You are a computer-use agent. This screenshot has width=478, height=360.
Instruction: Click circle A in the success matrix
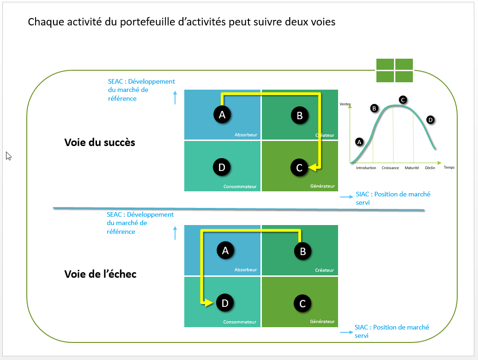222,115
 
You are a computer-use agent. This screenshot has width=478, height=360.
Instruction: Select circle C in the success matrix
299,168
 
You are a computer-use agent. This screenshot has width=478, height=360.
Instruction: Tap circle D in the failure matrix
225,303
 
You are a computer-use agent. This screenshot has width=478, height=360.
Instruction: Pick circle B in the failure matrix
303,251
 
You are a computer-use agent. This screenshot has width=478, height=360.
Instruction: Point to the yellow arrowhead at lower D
210,303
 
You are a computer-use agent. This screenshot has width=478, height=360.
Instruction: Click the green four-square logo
394,70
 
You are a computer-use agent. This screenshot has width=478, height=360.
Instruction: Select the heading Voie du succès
100,142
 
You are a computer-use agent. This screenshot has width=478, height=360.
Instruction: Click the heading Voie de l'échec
100,274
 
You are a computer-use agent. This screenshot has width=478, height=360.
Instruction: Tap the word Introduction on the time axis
366,168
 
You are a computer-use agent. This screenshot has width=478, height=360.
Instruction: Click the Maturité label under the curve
412,168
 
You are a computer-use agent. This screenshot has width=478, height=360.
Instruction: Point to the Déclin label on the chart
430,168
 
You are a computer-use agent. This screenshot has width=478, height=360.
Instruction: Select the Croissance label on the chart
390,168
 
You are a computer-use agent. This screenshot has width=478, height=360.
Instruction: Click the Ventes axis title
345,104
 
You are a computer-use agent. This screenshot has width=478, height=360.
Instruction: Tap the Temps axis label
449,167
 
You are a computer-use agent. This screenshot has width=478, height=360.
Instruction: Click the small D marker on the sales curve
430,120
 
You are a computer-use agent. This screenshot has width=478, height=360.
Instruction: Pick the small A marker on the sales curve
359,142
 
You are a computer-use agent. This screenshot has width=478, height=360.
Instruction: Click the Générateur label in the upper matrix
322,187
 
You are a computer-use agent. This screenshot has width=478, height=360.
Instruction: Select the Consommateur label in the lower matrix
240,322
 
